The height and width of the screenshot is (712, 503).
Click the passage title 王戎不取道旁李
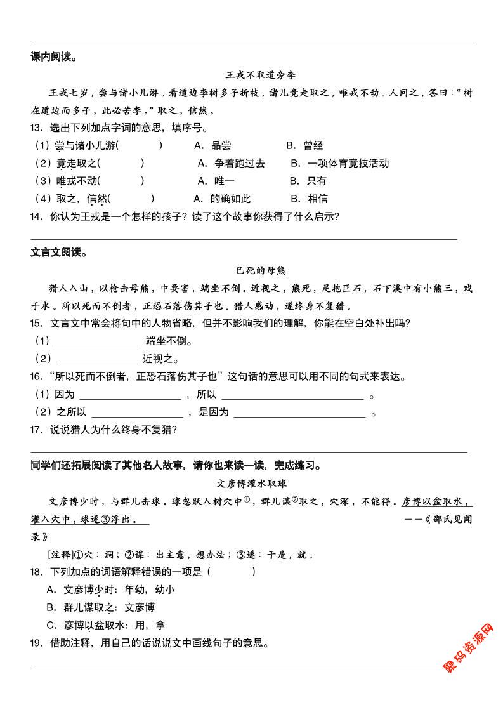[252, 75]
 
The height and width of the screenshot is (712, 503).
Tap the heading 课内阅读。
[54, 57]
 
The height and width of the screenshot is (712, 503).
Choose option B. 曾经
[304, 145]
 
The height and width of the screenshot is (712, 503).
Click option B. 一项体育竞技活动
[339, 163]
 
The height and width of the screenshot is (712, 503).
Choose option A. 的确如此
[222, 199]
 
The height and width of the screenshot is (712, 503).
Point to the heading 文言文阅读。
[58, 253]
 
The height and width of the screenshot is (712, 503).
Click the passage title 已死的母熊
[252, 270]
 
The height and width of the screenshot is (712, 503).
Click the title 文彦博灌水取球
[252, 483]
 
